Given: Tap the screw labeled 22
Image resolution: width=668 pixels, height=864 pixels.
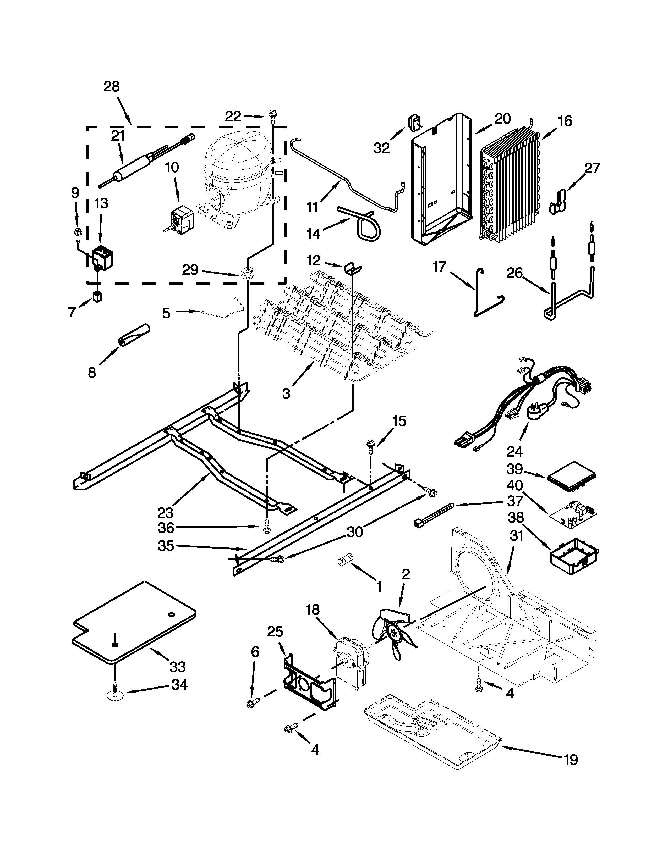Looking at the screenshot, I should pos(272,116).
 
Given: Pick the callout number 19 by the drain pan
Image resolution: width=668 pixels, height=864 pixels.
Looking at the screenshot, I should pos(570,759).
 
